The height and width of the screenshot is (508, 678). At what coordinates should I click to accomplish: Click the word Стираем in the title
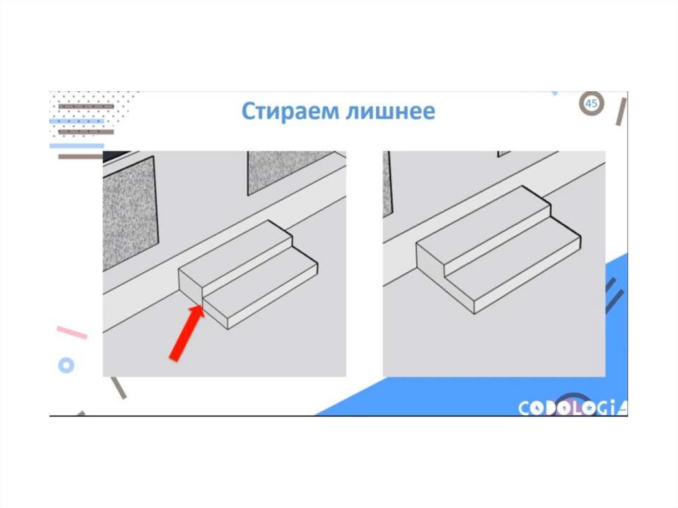pos(290,112)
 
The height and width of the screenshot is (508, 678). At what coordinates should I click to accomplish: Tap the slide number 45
pos(591,103)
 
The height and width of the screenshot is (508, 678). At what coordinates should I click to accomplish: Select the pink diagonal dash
pos(72,332)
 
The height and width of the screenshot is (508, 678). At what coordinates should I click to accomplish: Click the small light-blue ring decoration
pos(66,366)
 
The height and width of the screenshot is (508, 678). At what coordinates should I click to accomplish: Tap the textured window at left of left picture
pos(130,213)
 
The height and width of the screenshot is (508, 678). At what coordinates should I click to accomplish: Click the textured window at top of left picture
pos(291,172)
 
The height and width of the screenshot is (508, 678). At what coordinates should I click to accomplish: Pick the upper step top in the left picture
pos(236,254)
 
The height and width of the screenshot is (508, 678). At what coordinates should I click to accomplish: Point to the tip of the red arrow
pos(201,306)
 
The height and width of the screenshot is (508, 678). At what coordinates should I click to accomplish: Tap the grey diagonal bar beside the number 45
pos(621,112)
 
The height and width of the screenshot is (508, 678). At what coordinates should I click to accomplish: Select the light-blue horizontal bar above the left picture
pos(77,146)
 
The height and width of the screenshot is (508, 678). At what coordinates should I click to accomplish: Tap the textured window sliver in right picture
pos(387,184)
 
